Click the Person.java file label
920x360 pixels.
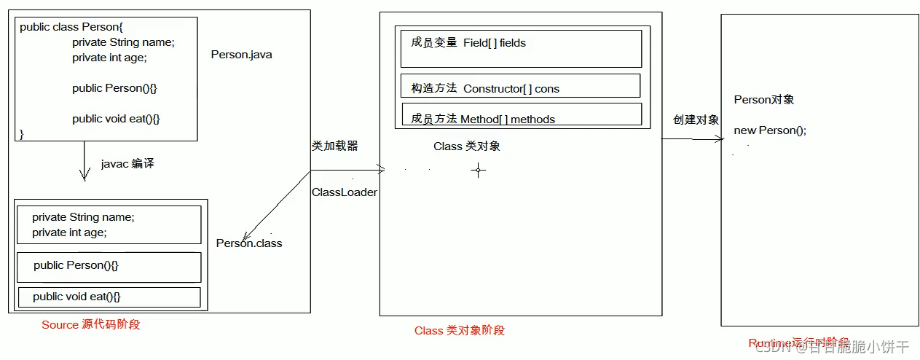coord(241,55)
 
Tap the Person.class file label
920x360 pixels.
coord(249,243)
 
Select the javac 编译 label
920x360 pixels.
coord(127,164)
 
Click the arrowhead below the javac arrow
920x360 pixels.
coord(84,176)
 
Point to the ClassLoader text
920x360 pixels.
coord(345,192)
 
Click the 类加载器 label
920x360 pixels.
coord(335,146)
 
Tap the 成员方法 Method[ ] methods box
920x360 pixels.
coord(522,114)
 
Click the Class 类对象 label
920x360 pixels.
coord(467,146)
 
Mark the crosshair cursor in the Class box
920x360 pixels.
coord(479,171)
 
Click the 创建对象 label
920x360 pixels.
coord(696,120)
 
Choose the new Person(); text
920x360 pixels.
coord(770,130)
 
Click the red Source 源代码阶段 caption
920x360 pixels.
coord(91,324)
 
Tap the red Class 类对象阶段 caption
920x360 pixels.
coord(460,330)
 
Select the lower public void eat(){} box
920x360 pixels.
coord(109,297)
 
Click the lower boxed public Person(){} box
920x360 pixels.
coord(109,267)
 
